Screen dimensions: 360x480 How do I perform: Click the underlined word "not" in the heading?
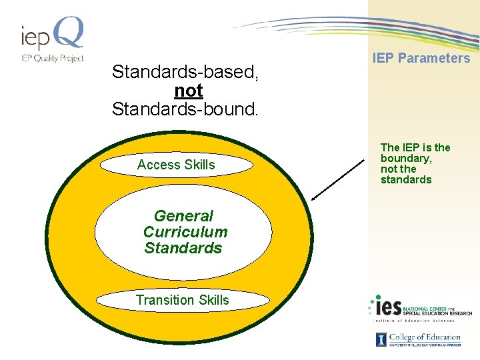click(188, 90)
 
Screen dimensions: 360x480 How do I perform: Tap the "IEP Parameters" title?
click(421, 58)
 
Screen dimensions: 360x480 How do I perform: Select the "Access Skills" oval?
click(176, 165)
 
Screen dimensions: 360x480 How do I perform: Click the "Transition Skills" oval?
click(182, 300)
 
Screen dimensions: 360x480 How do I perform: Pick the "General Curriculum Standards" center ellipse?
click(183, 232)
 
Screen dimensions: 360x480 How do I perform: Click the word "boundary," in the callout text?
click(406, 158)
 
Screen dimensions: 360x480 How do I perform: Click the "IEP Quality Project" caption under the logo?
click(52, 58)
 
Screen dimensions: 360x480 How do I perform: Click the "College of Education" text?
click(425, 337)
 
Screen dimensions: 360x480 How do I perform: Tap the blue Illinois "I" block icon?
click(381, 339)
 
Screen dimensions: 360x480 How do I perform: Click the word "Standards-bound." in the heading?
click(185, 109)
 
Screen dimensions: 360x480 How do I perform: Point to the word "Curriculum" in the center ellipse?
click(185, 232)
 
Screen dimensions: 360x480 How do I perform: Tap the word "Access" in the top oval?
click(158, 165)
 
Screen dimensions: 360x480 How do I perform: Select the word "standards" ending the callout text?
click(406, 179)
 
